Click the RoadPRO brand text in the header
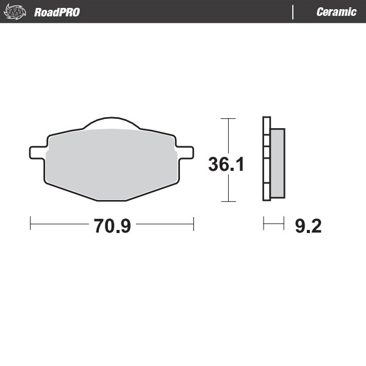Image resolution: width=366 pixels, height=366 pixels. pyautogui.click(x=57, y=12)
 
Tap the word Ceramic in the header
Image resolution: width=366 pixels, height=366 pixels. pyautogui.click(x=336, y=12)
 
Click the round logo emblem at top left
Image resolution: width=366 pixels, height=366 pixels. pyautogui.click(x=16, y=12)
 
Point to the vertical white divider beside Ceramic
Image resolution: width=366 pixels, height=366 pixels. pyautogui.click(x=294, y=12)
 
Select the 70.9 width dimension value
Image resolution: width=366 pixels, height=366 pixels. pyautogui.click(x=112, y=226)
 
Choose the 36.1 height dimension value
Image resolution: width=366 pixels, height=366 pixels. pyautogui.click(x=226, y=164)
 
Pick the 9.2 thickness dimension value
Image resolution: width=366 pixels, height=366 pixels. pyautogui.click(x=307, y=226)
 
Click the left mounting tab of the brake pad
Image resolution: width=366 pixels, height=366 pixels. pyautogui.click(x=37, y=151)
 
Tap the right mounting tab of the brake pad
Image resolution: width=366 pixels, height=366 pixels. pyautogui.click(x=185, y=151)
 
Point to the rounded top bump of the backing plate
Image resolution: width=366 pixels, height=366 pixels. pyautogui.click(x=111, y=123)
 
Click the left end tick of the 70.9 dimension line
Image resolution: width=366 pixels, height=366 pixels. pyautogui.click(x=30, y=224)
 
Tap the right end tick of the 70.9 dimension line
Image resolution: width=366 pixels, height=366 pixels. pyautogui.click(x=193, y=224)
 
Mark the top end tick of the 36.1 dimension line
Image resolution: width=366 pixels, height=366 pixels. pyautogui.click(x=228, y=118)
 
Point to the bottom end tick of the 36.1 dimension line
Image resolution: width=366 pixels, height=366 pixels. pyautogui.click(x=228, y=201)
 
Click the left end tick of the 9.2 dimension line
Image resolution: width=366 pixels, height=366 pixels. pyautogui.click(x=264, y=224)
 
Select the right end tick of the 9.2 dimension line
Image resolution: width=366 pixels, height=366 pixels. pyautogui.click(x=284, y=224)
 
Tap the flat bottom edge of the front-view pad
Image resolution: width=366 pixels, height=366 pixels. pyautogui.click(x=111, y=201)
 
